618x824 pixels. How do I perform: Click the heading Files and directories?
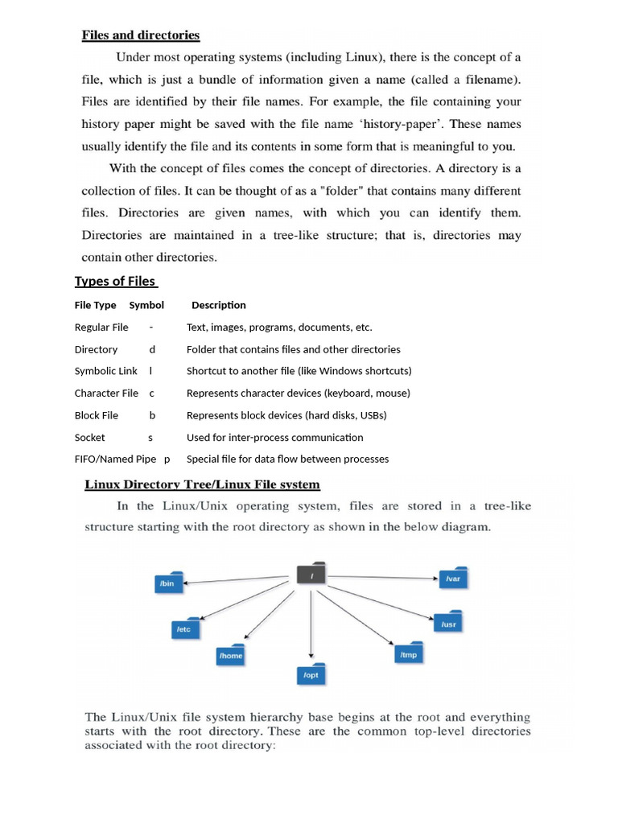tap(140, 35)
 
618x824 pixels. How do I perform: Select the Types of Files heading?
tap(115, 281)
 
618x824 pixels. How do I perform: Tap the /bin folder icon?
tap(168, 583)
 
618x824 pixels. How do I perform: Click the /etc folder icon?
tap(184, 628)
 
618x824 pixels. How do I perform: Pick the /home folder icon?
tap(230, 655)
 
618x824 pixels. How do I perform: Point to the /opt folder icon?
tap(311, 674)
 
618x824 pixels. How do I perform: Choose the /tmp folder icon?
tap(408, 654)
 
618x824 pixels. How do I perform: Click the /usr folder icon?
tap(449, 623)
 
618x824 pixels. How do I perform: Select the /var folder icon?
tap(453, 578)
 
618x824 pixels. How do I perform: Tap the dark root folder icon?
tap(311, 574)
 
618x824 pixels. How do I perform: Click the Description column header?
tap(218, 306)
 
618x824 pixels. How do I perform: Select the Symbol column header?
tap(146, 306)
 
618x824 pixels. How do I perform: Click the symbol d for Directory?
tap(152, 350)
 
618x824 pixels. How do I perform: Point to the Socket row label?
tap(90, 438)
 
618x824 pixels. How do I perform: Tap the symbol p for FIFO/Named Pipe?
tap(167, 459)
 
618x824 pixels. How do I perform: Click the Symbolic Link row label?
tap(106, 372)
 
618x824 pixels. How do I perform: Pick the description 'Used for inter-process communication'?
tap(274, 438)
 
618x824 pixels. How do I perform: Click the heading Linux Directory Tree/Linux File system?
tap(203, 484)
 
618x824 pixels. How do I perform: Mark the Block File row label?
tap(97, 416)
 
